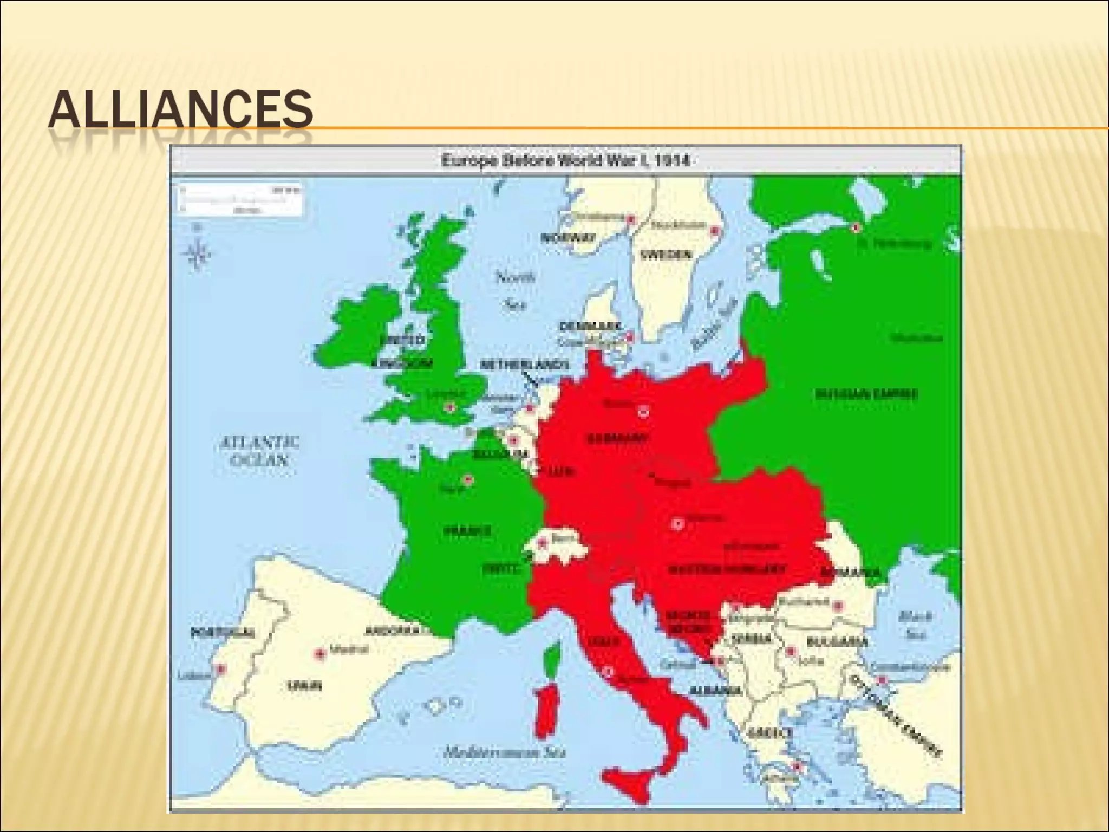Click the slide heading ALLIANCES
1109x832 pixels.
coord(180,110)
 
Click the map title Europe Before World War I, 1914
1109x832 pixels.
coord(566,161)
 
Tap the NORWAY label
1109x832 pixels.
coord(569,238)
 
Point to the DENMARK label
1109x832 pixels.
coord(590,327)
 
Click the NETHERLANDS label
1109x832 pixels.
coord(524,365)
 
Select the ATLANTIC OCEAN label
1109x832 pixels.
coord(259,451)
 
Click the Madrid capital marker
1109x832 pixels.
coord(320,654)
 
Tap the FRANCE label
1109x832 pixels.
coord(468,531)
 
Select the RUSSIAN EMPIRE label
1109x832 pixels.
coord(866,394)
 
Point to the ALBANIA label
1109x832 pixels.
coord(715,691)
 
